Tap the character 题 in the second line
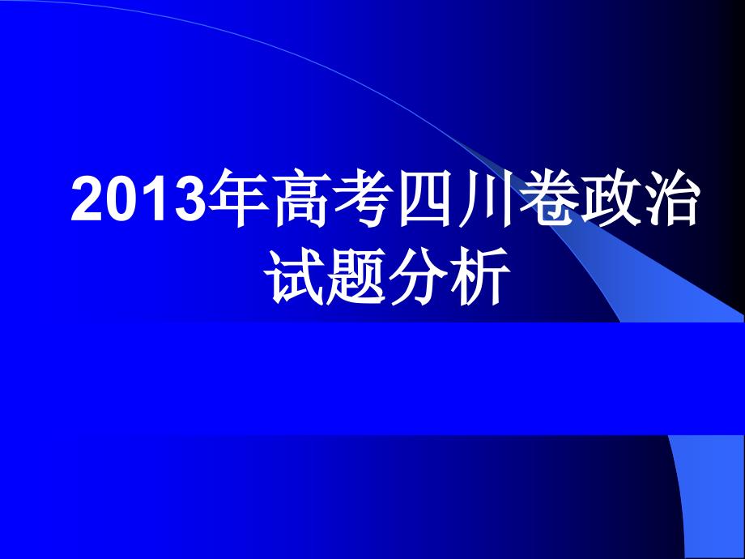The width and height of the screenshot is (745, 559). point(362,277)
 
